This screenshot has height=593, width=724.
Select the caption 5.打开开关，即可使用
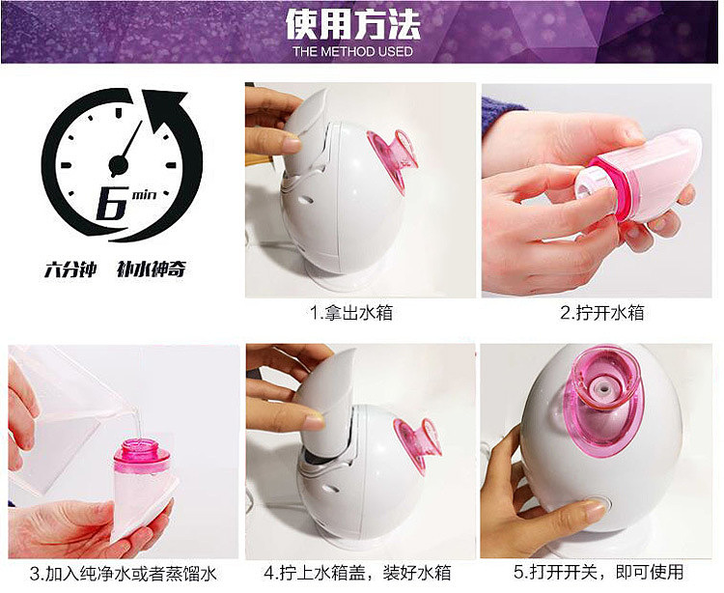[x=600, y=572]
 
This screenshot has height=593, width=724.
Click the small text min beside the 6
[x=144, y=194]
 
